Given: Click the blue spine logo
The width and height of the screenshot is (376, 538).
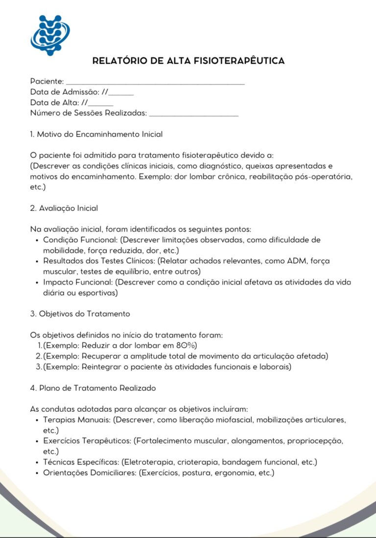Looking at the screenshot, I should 49,35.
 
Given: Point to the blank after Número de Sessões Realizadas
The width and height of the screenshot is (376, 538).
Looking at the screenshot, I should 193,113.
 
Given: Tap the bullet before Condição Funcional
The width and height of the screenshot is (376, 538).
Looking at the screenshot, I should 38,240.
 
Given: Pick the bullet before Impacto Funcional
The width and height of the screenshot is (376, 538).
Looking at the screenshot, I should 38,283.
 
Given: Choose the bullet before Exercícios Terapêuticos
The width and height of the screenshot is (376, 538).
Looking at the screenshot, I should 38,441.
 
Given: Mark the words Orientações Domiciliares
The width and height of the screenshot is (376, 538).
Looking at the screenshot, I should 89,473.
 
